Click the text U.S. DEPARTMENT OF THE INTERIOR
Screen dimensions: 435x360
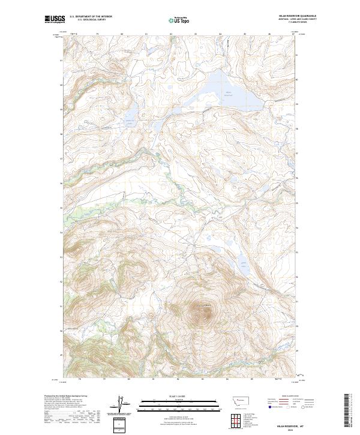[x=91, y=17]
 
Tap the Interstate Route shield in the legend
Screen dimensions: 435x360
[x=269, y=407]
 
